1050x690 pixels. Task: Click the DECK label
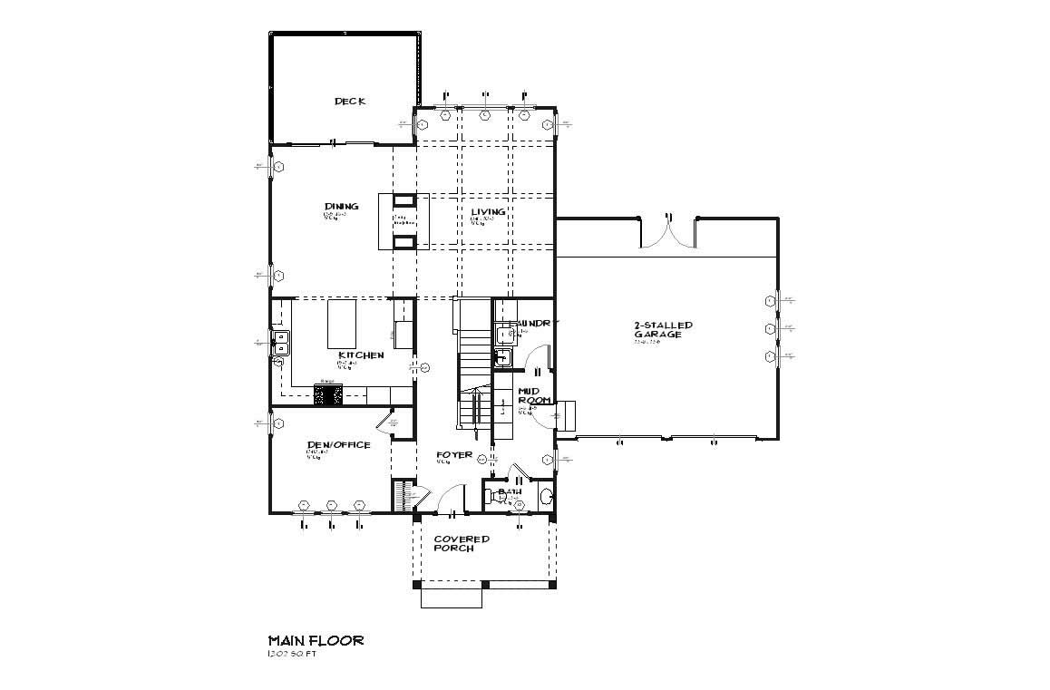[349, 102]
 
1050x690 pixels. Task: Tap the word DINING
[341, 207]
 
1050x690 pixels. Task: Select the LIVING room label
[488, 212]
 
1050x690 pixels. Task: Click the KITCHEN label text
[361, 355]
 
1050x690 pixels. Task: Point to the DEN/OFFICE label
[338, 444]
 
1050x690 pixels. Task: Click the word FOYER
[453, 455]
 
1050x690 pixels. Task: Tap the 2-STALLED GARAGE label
[663, 329]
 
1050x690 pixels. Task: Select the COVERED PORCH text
[461, 543]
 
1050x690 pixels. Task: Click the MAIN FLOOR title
[316, 640]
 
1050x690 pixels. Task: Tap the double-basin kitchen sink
[280, 342]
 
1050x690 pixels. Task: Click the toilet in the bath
[544, 496]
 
